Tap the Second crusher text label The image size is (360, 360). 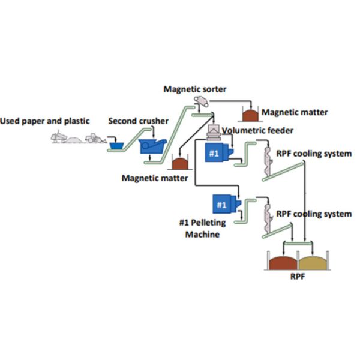[x=138, y=122]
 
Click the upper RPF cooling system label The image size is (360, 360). [x=313, y=154]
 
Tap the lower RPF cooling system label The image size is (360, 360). [x=313, y=214]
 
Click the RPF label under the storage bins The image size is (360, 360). [x=298, y=278]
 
